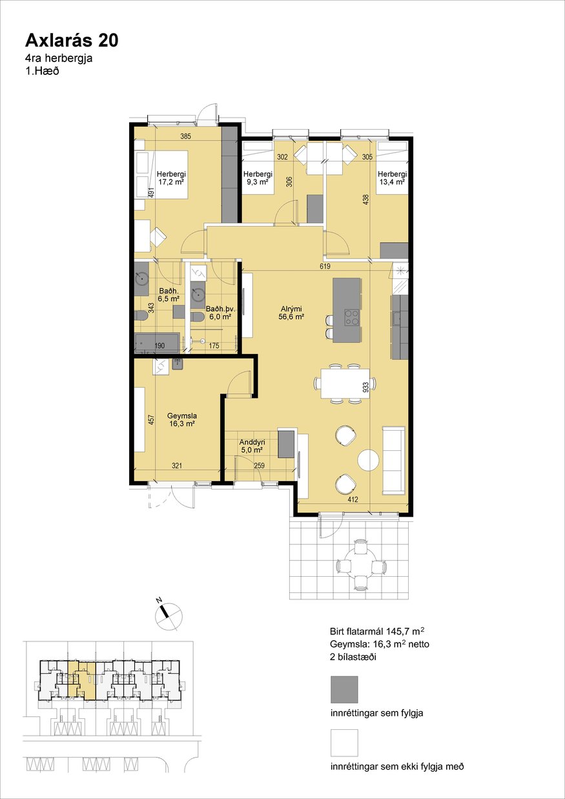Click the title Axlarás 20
pyautogui.click(x=72, y=41)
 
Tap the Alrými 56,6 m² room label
pyautogui.click(x=291, y=312)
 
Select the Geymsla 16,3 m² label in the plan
pyautogui.click(x=182, y=419)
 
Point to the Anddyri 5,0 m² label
pyautogui.click(x=252, y=446)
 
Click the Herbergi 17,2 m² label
pyautogui.click(x=171, y=178)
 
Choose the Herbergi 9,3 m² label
pyautogui.click(x=258, y=178)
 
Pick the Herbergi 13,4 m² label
pyautogui.click(x=392, y=178)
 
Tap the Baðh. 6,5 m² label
pyautogui.click(x=169, y=295)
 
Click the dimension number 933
pyautogui.click(x=365, y=388)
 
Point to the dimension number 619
pyautogui.click(x=325, y=266)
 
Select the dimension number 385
pyautogui.click(x=186, y=136)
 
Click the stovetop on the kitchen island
pyautogui.click(x=351, y=317)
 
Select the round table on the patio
pyautogui.click(x=362, y=566)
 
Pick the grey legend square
pyautogui.click(x=344, y=689)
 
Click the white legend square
pyautogui.click(x=344, y=743)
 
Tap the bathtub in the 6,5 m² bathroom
pyautogui.click(x=157, y=343)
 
